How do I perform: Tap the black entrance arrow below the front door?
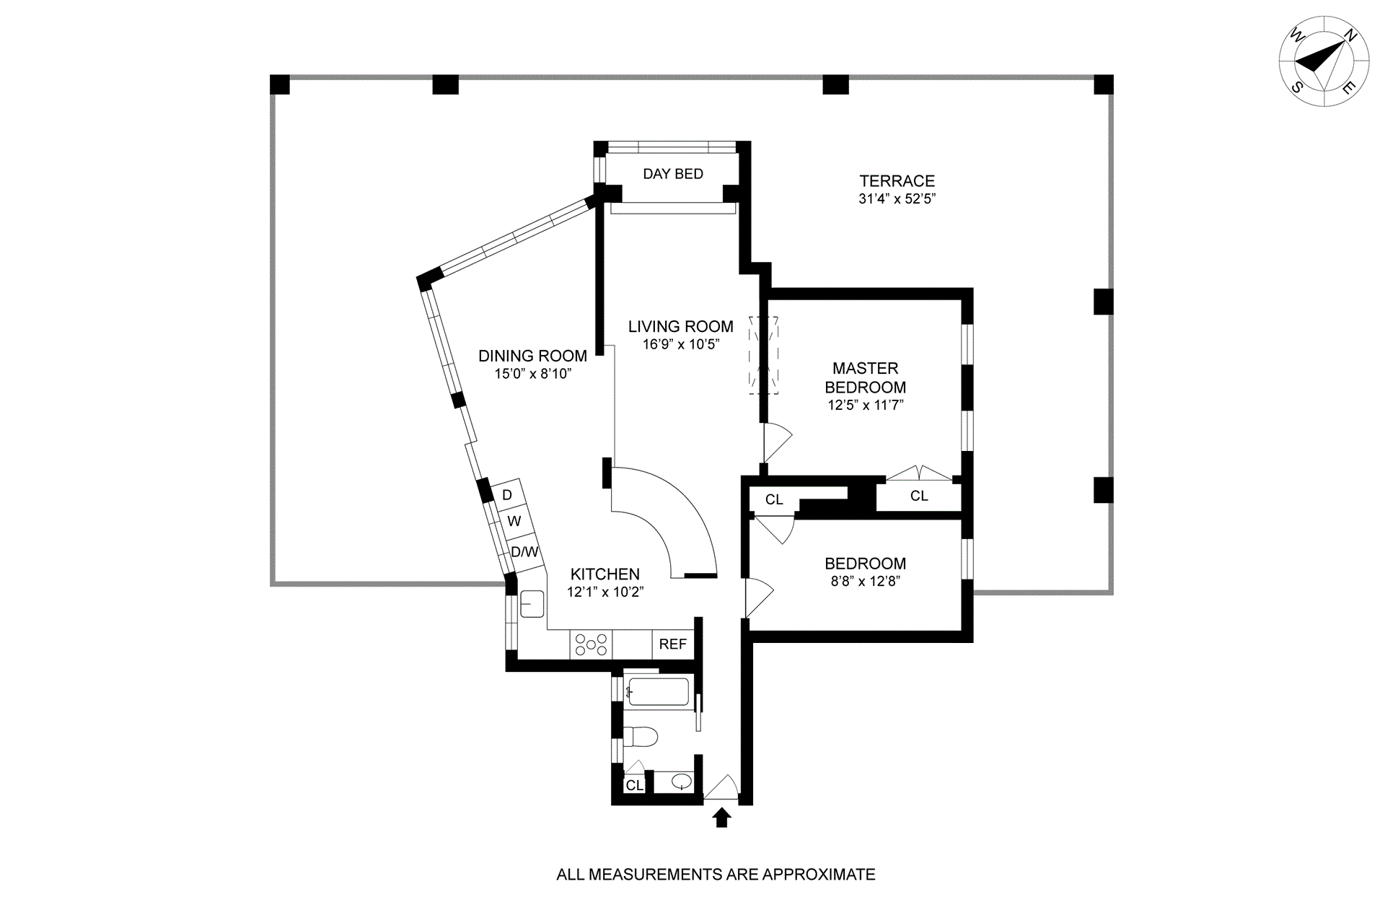tap(721, 817)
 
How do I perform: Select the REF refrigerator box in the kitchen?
tap(672, 644)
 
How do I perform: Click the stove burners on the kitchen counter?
tap(591, 644)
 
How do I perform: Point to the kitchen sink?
tap(532, 603)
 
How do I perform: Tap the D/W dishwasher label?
tap(524, 552)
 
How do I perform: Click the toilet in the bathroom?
tap(640, 737)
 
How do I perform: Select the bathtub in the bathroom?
tap(658, 691)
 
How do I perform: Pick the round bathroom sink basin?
tap(680, 780)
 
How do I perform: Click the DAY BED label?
tap(672, 174)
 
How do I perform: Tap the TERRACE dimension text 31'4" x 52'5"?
tap(897, 198)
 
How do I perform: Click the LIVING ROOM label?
tap(680, 326)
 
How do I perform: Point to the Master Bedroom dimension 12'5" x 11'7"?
tap(865, 406)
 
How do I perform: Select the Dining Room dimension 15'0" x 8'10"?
tap(532, 374)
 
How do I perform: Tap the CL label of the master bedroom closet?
tap(918, 496)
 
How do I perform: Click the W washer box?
tap(514, 521)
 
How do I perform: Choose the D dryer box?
tap(506, 495)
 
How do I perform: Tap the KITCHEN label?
tap(604, 574)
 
